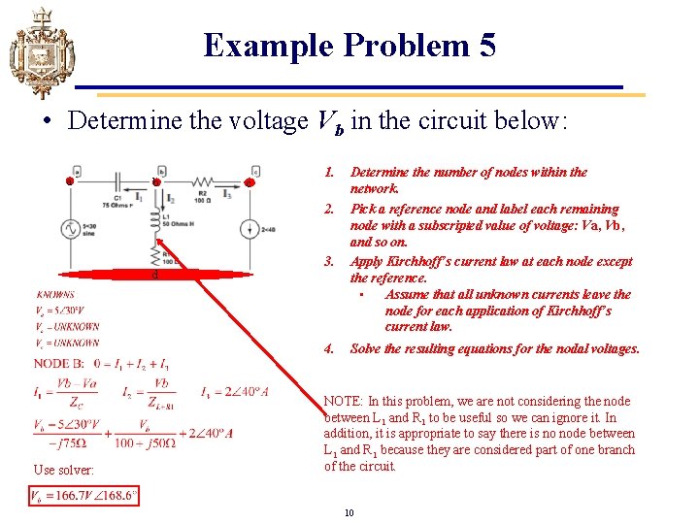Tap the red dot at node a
(x=71, y=181)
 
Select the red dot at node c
(x=250, y=181)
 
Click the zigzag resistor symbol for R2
(x=203, y=181)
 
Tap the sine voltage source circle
(x=71, y=228)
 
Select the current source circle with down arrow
(x=250, y=229)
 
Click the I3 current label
(x=227, y=195)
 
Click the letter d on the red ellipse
(x=156, y=276)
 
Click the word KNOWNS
(x=55, y=294)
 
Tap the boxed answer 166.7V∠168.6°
(x=84, y=496)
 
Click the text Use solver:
(x=64, y=470)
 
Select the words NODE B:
(x=58, y=364)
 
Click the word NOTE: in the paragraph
(x=344, y=401)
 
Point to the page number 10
(x=349, y=511)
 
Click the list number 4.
(x=329, y=348)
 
